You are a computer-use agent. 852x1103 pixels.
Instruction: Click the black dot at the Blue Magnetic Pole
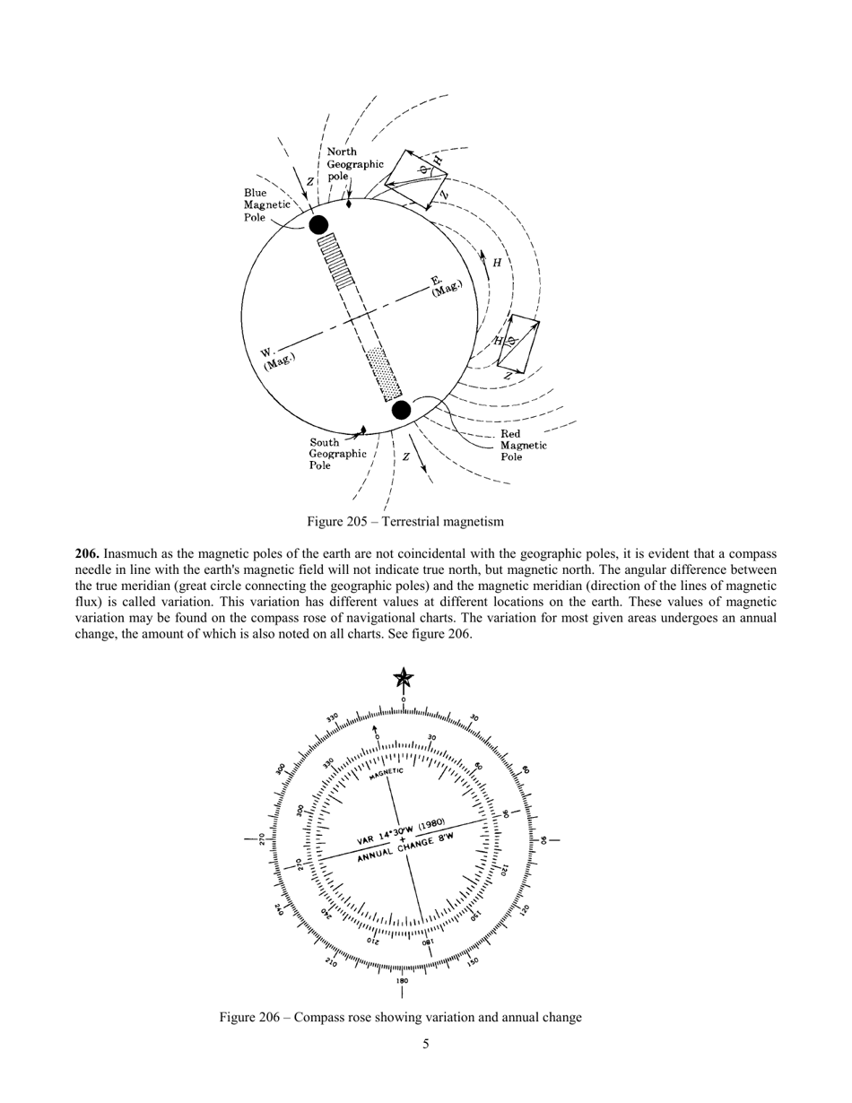tap(318, 224)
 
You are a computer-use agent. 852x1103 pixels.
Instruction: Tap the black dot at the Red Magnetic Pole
tap(402, 410)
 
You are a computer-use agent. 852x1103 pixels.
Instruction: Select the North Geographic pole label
tap(354, 164)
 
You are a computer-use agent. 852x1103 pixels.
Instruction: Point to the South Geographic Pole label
tap(337, 454)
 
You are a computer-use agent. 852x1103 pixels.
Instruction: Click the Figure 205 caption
tap(405, 521)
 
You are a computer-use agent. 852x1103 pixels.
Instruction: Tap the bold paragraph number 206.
tap(87, 554)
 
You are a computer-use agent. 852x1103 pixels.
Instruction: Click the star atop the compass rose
tap(404, 679)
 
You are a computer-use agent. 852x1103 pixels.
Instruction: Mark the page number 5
tap(426, 1044)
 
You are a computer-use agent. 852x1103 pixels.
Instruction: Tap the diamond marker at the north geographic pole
tap(348, 204)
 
